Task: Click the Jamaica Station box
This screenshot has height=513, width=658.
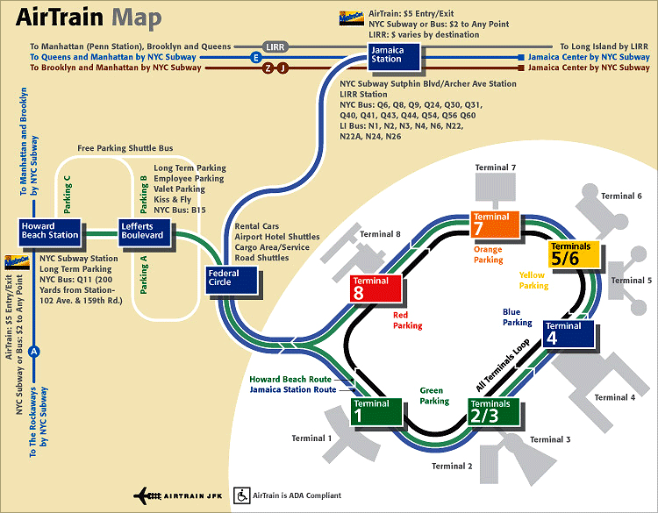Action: pyautogui.click(x=394, y=56)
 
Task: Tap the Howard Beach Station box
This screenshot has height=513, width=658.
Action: pyautogui.click(x=49, y=232)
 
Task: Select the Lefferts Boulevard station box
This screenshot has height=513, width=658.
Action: pyautogui.click(x=145, y=232)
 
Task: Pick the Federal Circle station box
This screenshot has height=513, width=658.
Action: pyautogui.click(x=232, y=280)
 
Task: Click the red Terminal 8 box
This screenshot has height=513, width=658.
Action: pyautogui.click(x=375, y=289)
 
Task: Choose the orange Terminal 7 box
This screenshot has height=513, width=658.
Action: pyautogui.click(x=495, y=224)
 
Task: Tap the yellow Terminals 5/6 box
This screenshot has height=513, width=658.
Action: pyautogui.click(x=574, y=254)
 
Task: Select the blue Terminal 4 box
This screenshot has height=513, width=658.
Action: pyautogui.click(x=569, y=333)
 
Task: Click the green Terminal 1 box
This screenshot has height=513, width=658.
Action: pyautogui.click(x=376, y=411)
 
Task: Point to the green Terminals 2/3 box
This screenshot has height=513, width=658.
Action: pyautogui.click(x=494, y=411)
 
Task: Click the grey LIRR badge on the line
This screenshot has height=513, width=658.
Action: pyautogui.click(x=275, y=46)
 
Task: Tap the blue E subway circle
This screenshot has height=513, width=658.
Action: pyautogui.click(x=255, y=58)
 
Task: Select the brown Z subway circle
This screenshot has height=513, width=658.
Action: pyautogui.click(x=268, y=68)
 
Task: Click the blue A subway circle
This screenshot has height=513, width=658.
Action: pyautogui.click(x=34, y=352)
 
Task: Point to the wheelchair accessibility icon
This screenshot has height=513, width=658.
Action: pyautogui.click(x=242, y=495)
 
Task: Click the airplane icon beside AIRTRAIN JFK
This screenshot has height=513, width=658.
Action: pyautogui.click(x=147, y=496)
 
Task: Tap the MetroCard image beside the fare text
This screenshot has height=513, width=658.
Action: pyautogui.click(x=351, y=18)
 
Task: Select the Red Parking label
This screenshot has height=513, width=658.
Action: pyautogui.click(x=407, y=320)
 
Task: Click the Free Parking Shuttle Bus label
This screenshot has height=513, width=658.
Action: pyautogui.click(x=125, y=148)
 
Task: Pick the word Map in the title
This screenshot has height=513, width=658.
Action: pyautogui.click(x=136, y=18)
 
